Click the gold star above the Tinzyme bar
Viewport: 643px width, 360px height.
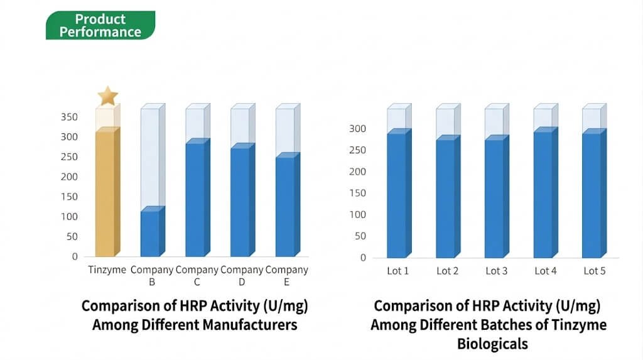pos(108,96)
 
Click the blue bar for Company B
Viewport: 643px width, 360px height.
pos(150,233)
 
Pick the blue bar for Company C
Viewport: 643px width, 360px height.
pos(195,200)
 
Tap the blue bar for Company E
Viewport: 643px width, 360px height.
pos(285,207)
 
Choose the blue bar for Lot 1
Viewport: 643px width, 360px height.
pos(396,195)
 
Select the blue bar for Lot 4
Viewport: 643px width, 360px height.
pos(543,195)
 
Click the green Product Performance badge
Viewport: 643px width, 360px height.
pos(100,26)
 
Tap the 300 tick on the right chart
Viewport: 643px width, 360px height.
pos(358,129)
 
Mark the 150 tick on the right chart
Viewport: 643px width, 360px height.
pos(358,194)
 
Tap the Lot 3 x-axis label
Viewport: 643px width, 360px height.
pos(496,271)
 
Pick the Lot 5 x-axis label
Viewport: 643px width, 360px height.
pos(594,271)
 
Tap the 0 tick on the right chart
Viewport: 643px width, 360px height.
pos(363,258)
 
